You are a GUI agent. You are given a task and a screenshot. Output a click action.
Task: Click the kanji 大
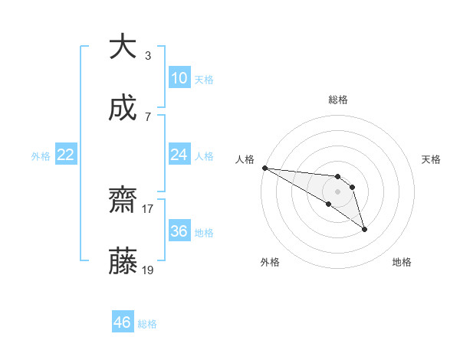(123, 47)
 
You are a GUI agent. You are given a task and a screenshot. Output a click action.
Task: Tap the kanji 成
(123, 109)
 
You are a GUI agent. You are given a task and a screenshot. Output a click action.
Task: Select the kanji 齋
(123, 201)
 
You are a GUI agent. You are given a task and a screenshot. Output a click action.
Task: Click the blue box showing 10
(179, 77)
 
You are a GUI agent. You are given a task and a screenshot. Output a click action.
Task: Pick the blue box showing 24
(179, 155)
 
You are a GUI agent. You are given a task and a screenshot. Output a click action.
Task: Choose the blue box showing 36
(179, 231)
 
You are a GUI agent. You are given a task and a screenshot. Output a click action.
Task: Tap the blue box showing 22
(66, 155)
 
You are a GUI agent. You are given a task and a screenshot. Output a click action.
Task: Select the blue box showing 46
(123, 322)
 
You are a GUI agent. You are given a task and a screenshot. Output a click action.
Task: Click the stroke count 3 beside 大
(148, 55)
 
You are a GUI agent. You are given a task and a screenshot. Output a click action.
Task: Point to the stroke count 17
(148, 208)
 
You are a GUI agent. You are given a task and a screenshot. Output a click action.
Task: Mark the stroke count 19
(148, 270)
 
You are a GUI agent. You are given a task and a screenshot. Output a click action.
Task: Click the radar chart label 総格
(337, 100)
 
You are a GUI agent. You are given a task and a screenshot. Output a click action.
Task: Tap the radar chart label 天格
(432, 159)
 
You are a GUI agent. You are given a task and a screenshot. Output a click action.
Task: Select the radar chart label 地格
(402, 262)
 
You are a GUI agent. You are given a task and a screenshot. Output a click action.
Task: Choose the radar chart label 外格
(270, 262)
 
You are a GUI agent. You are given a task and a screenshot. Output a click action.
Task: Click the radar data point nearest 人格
(264, 168)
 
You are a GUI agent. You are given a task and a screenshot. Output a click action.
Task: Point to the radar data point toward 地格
(364, 229)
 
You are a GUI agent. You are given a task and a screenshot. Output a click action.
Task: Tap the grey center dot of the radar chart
(337, 191)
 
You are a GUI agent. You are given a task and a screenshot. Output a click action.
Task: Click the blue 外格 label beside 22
(41, 155)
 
